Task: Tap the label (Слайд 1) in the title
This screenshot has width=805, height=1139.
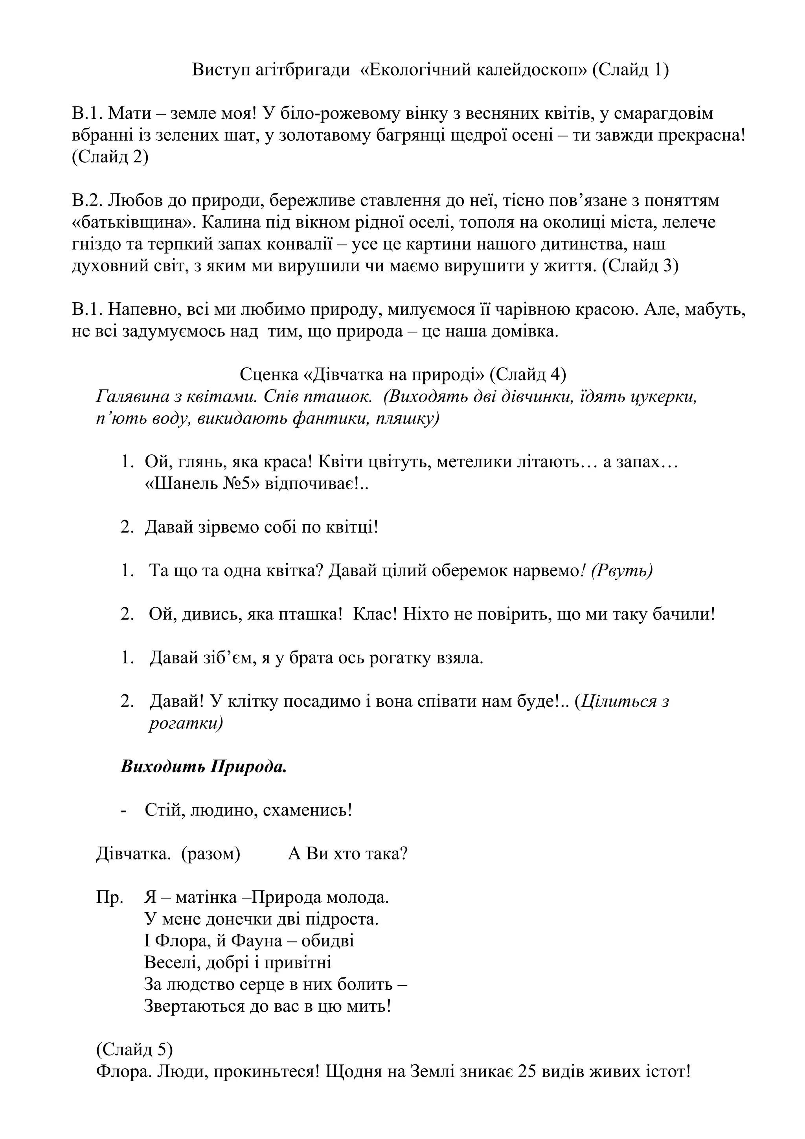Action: coord(630,70)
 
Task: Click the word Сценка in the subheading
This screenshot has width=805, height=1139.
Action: coord(268,375)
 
